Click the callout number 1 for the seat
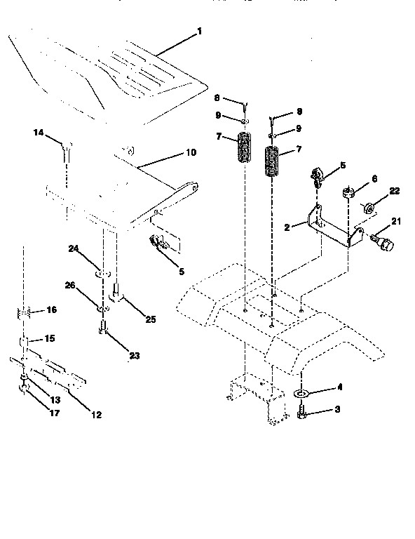click(199, 31)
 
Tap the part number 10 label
click(191, 152)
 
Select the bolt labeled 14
click(66, 148)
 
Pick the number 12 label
click(96, 415)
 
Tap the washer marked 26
click(102, 307)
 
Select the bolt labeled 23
click(102, 326)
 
